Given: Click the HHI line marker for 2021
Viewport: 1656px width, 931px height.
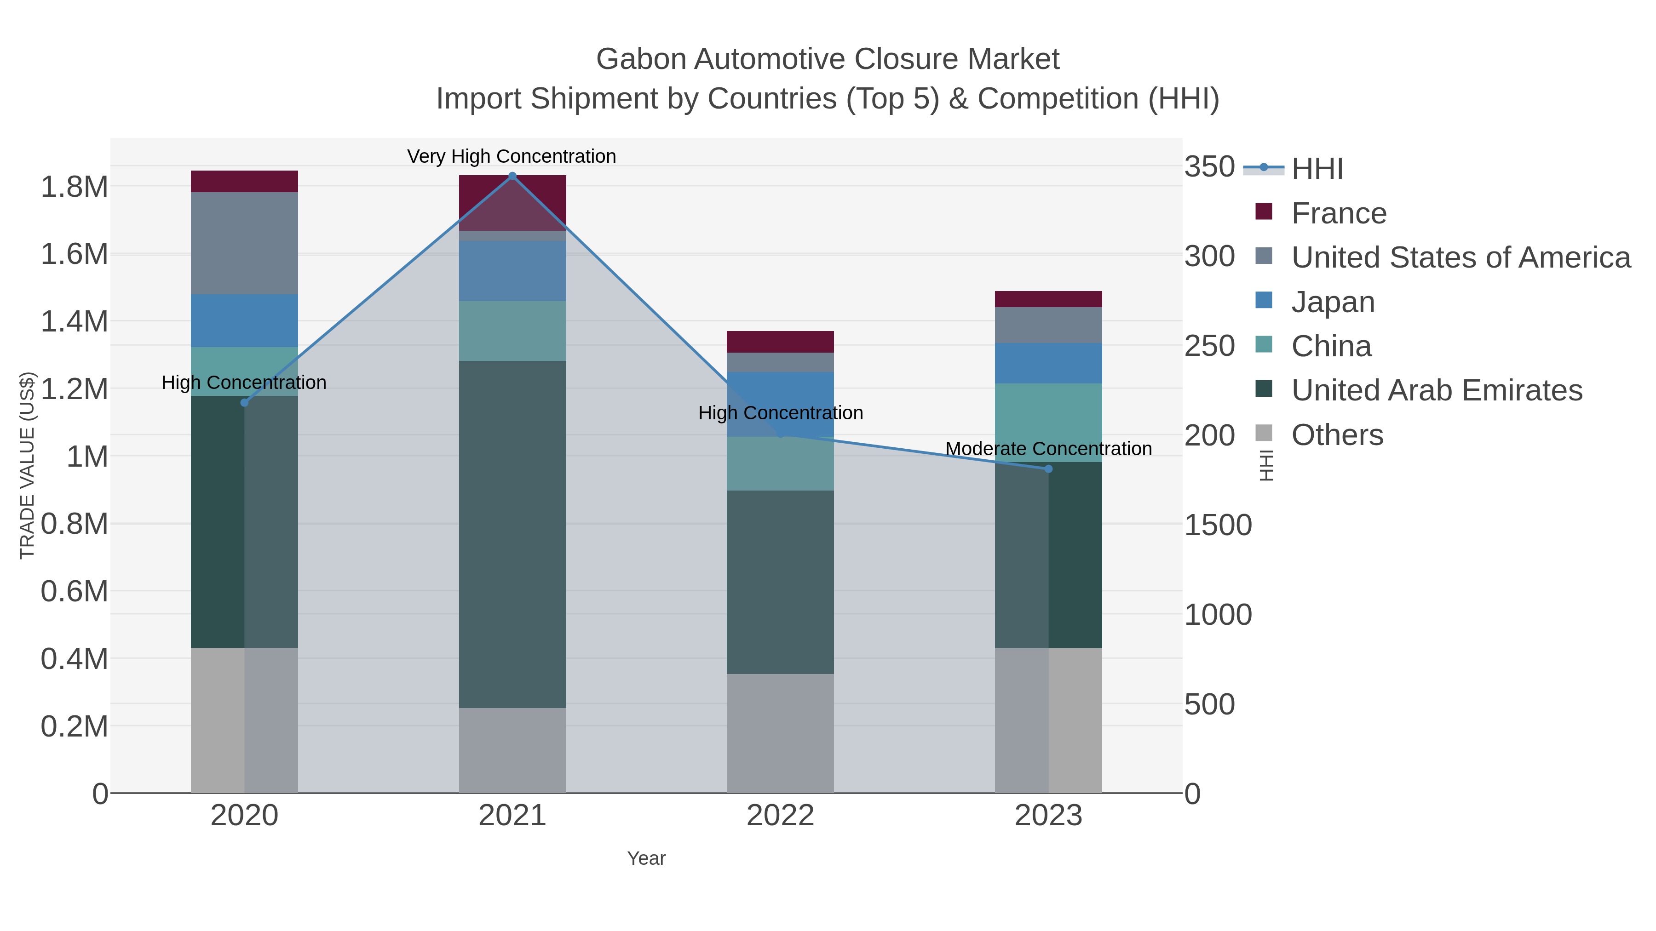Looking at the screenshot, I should pos(512,176).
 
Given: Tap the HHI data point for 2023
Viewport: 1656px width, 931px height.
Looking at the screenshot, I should pos(1048,469).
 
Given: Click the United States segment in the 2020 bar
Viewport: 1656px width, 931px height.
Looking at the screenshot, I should pos(244,243).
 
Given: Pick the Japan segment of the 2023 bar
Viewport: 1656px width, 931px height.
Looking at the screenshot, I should pos(1048,363).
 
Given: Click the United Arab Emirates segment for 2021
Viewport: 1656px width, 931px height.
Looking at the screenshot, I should pos(512,534).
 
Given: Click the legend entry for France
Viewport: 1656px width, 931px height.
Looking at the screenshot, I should pos(1339,213).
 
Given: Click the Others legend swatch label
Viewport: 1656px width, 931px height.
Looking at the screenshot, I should pos(1337,435).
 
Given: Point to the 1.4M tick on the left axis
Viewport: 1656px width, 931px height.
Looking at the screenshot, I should pos(75,321).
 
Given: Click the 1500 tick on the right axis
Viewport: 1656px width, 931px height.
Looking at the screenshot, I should pos(1218,525).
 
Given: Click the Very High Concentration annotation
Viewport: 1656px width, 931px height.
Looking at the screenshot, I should pos(512,156).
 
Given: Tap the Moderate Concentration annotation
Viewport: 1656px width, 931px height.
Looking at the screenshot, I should pos(1048,448).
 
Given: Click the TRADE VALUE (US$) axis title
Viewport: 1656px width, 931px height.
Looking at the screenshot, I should pos(27,465).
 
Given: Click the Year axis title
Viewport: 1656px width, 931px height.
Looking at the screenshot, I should pos(646,858).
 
